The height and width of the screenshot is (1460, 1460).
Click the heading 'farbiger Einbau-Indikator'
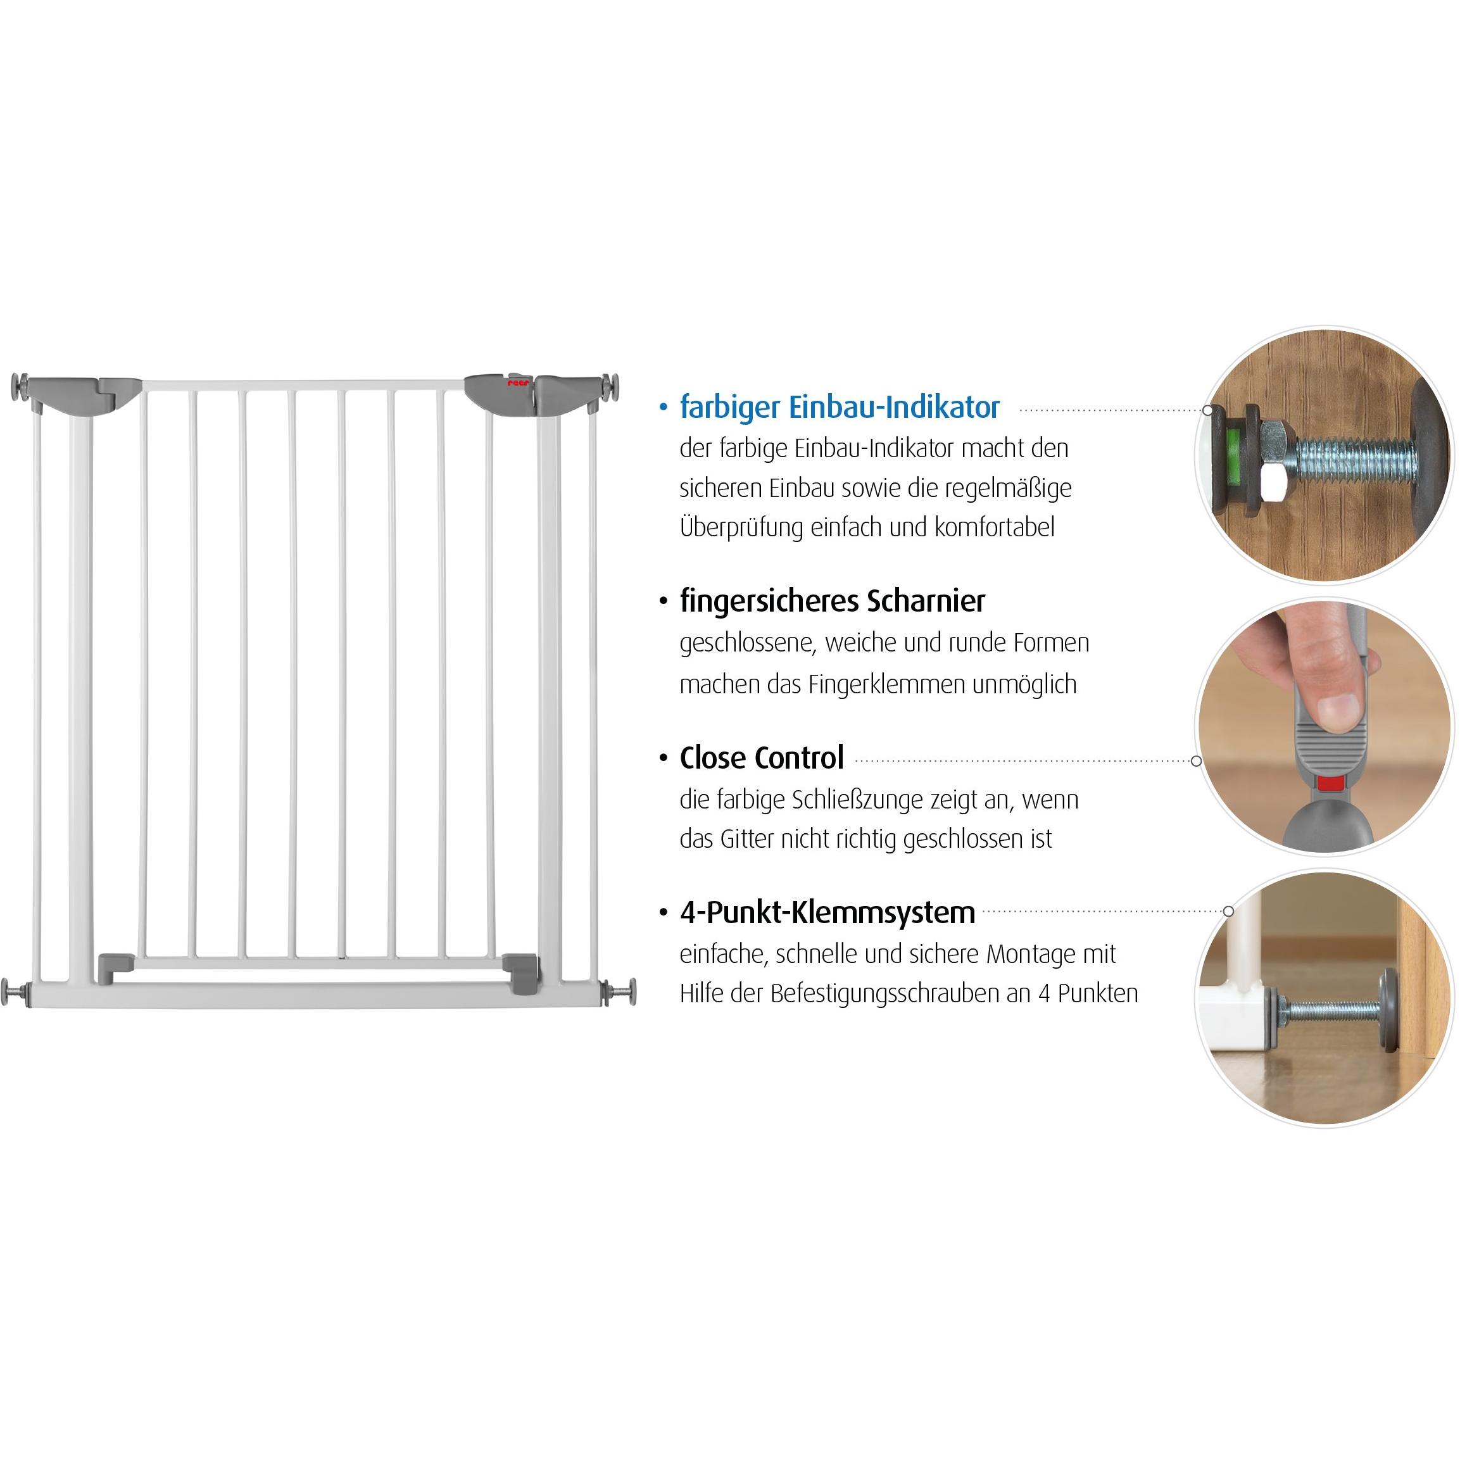coord(839,407)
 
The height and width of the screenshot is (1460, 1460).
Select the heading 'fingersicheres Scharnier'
coord(832,601)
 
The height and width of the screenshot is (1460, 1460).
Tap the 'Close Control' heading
coord(761,758)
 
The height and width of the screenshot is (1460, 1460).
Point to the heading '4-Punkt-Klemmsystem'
coord(827,913)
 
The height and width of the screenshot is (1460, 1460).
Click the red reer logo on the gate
coord(519,383)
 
